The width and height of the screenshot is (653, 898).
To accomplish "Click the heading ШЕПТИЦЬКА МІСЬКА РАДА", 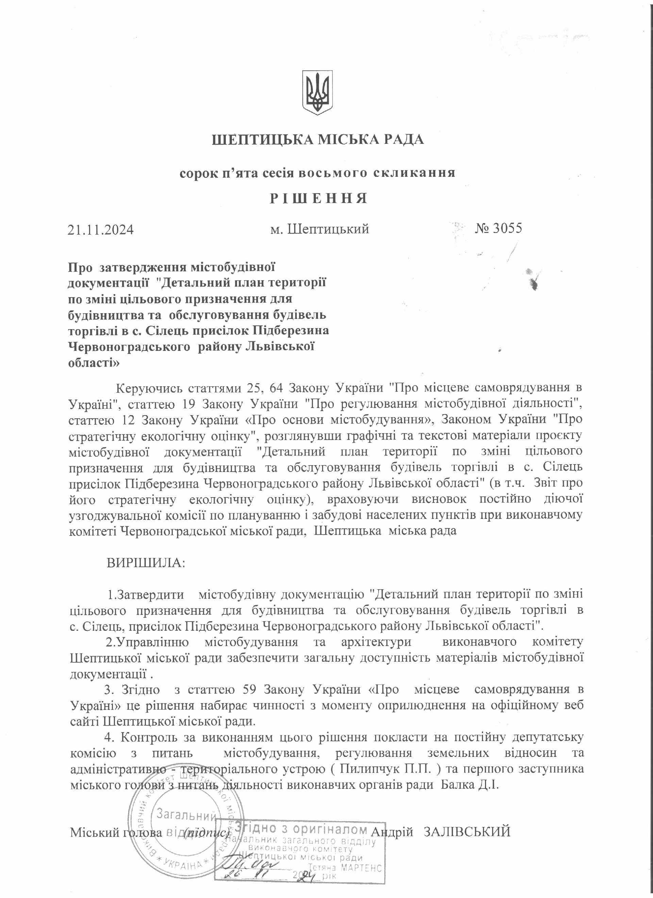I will (318, 140).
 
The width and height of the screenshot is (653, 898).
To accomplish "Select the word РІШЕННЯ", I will (319, 198).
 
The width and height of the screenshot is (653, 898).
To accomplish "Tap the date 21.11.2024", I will (101, 230).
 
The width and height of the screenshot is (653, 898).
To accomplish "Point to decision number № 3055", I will (499, 228).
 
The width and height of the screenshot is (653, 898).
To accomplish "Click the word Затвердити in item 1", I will (150, 594).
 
